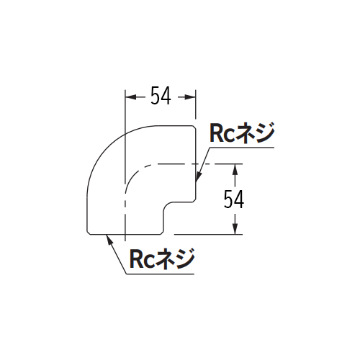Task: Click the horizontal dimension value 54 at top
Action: coord(161,96)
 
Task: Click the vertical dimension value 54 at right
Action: coord(234,199)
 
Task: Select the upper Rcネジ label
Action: coord(242,133)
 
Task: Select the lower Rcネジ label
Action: coord(162,259)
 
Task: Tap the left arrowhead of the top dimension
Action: coord(130,97)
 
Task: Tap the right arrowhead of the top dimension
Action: coord(190,97)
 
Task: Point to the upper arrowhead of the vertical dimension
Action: coord(235,169)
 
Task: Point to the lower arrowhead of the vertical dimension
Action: coord(235,229)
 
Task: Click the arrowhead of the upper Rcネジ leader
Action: coord(198,177)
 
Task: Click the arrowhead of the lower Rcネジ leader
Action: coord(109,240)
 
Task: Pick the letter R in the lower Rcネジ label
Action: coord(135,259)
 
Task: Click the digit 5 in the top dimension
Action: coord(156,96)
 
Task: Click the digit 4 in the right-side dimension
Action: coord(239,199)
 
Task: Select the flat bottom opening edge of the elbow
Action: coord(125,235)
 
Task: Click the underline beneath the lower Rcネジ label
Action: coord(160,274)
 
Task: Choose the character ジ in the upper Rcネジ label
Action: coord(266,133)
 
